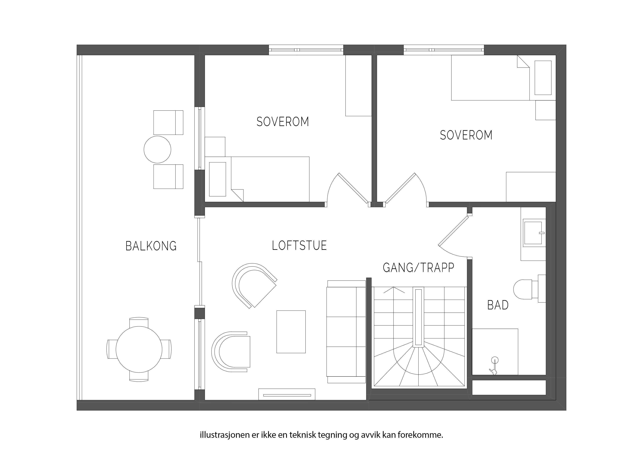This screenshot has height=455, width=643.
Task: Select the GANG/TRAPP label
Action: click(418, 268)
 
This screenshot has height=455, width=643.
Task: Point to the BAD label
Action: click(498, 305)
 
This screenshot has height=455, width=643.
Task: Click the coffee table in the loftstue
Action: click(291, 332)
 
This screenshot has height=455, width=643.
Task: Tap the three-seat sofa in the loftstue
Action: click(346, 332)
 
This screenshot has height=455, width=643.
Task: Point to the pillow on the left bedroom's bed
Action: click(218, 179)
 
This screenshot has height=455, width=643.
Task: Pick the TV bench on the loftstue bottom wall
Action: click(287, 394)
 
